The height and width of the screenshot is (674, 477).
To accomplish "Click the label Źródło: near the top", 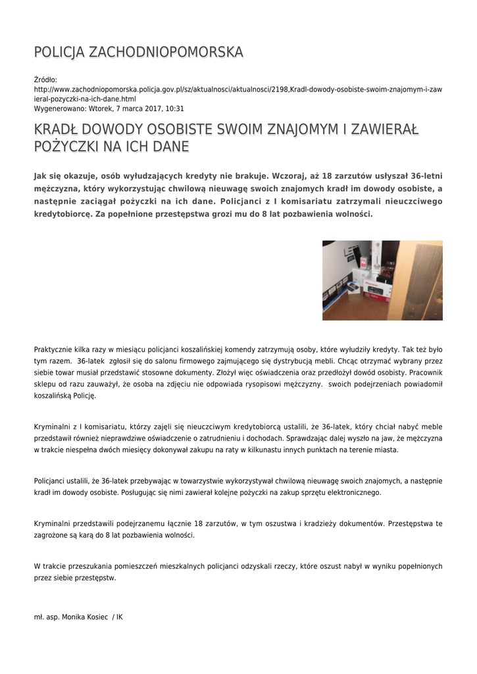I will click(46, 80).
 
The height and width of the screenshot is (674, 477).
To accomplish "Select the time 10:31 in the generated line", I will click(175, 109).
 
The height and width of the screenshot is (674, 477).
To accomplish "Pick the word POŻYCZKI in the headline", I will click(66, 146).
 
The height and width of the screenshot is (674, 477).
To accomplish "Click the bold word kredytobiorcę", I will click(64, 215).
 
